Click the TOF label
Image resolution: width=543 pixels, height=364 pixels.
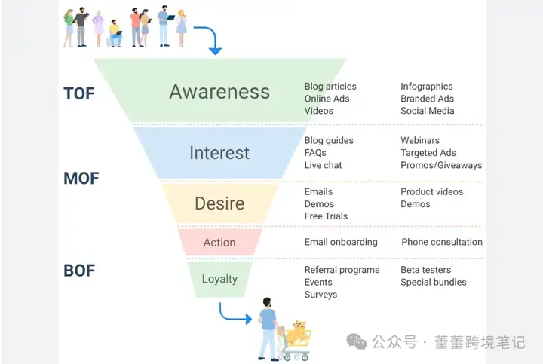(x=79, y=93)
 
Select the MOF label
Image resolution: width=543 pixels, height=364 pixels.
(x=81, y=179)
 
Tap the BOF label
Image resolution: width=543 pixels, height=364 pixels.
(x=79, y=271)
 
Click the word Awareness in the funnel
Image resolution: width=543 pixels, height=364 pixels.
(x=219, y=92)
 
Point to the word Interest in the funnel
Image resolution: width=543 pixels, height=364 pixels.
(x=219, y=153)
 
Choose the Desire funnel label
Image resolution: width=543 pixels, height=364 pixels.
(x=219, y=203)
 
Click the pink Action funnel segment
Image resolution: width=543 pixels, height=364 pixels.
(x=219, y=242)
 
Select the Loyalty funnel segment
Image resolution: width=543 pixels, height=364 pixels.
(x=219, y=280)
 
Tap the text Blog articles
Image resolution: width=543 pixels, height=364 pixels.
(x=330, y=87)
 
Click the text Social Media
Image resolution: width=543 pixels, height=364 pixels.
(x=428, y=111)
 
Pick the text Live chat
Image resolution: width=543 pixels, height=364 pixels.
(x=323, y=165)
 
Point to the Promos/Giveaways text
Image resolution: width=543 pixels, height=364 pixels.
(x=441, y=165)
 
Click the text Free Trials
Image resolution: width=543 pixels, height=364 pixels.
(x=326, y=216)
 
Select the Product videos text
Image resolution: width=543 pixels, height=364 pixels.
(x=432, y=191)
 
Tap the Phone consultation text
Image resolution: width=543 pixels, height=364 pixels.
(x=442, y=242)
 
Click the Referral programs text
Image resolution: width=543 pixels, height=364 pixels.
(x=342, y=270)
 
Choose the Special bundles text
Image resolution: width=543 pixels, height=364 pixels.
(x=434, y=282)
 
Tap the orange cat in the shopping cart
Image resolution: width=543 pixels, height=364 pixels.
(x=297, y=332)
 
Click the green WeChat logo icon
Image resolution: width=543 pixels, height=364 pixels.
(x=357, y=341)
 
